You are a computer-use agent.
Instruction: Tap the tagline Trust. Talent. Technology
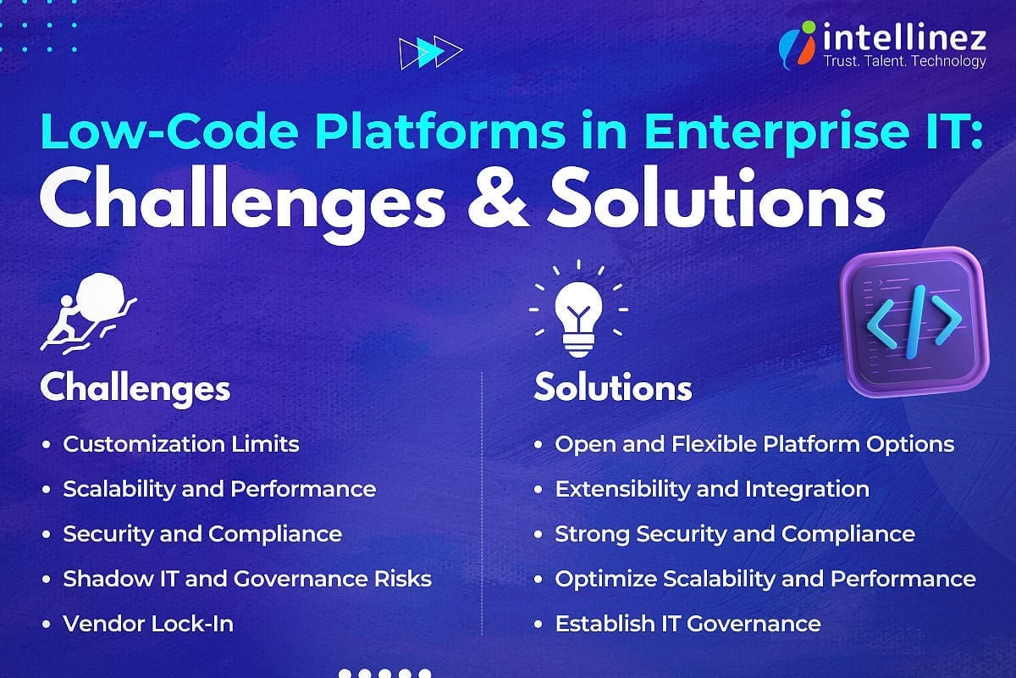point(904,61)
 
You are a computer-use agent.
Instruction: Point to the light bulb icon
point(579,314)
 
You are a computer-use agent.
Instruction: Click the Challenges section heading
point(135,388)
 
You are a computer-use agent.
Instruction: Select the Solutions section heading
point(612,388)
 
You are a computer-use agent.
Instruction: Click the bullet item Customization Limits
point(181,443)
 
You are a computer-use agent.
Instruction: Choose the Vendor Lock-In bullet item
point(148,624)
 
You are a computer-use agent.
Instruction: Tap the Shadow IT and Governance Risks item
point(247,579)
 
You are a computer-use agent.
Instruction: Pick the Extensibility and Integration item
point(712,489)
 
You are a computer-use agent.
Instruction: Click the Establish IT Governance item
point(687,624)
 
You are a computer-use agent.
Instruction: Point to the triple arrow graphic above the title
point(430,53)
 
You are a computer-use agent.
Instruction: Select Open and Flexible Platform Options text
point(754,443)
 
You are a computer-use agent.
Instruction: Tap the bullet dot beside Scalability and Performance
point(46,489)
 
